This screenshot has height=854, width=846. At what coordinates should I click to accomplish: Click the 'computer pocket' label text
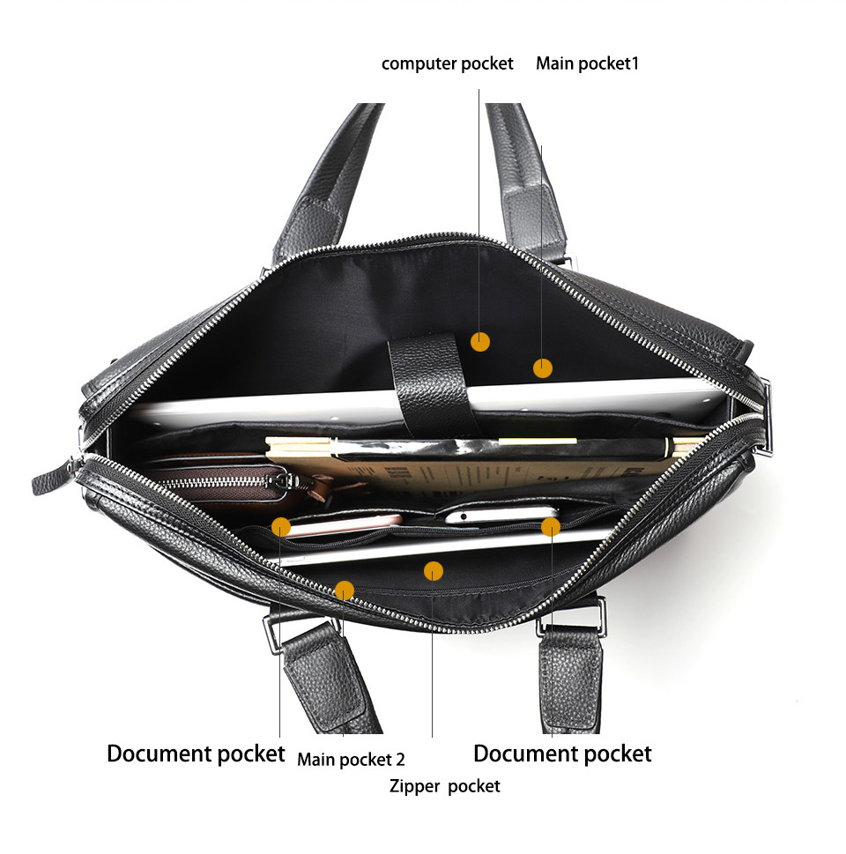447,64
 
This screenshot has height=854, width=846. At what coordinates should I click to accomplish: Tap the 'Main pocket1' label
587,63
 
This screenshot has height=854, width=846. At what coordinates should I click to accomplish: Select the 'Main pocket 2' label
351,759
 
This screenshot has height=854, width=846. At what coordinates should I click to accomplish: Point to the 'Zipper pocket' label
444,786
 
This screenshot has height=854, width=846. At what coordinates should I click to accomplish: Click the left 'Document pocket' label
196,754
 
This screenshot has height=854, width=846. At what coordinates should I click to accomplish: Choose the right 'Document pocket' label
562,754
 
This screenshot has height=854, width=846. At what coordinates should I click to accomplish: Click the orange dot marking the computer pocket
480,342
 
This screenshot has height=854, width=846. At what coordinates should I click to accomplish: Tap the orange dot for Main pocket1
543,368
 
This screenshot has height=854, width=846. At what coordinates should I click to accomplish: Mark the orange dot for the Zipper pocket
433,571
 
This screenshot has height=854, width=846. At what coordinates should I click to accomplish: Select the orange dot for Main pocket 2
345,590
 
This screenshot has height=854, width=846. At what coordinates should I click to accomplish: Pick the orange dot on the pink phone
281,527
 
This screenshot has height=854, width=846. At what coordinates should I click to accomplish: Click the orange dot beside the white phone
551,527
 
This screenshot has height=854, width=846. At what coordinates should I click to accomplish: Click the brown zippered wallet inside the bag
229,482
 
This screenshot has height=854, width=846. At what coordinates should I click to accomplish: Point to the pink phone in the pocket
343,525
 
